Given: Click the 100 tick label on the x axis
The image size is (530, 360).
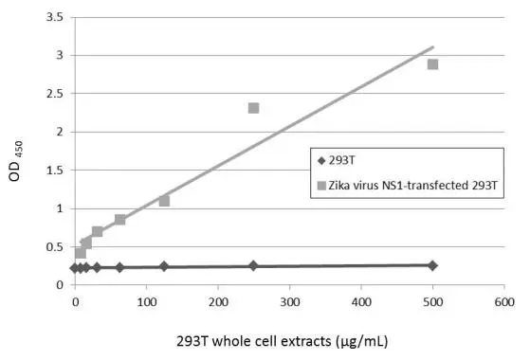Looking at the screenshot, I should (x=146, y=302).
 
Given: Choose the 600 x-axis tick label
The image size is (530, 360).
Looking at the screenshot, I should (x=504, y=302).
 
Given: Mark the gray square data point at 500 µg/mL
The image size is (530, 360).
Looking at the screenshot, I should (x=433, y=64).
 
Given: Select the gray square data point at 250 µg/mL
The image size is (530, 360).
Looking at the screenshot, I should (x=254, y=108).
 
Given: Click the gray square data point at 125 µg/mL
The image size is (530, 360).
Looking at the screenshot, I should (x=164, y=201).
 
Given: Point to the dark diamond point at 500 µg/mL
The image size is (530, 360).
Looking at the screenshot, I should (x=433, y=265).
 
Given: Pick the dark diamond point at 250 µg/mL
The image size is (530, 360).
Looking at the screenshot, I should (x=253, y=266).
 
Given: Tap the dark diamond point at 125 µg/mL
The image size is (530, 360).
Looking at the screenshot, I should (x=164, y=267).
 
